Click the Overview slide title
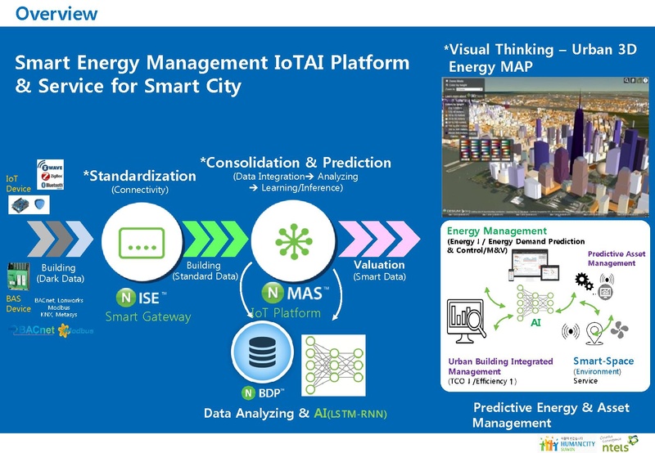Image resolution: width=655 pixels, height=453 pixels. (x=56, y=13)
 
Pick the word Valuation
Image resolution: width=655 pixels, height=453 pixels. (x=379, y=265)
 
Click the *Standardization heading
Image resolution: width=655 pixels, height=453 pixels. (x=139, y=176)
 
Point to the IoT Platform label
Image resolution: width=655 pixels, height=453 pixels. (x=287, y=312)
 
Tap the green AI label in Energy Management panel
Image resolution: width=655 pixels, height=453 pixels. (x=536, y=322)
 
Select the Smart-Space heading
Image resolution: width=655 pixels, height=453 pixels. (x=601, y=361)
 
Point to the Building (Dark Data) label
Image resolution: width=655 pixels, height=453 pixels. (x=58, y=273)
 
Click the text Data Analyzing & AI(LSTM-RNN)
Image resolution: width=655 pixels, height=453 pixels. (x=295, y=414)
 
